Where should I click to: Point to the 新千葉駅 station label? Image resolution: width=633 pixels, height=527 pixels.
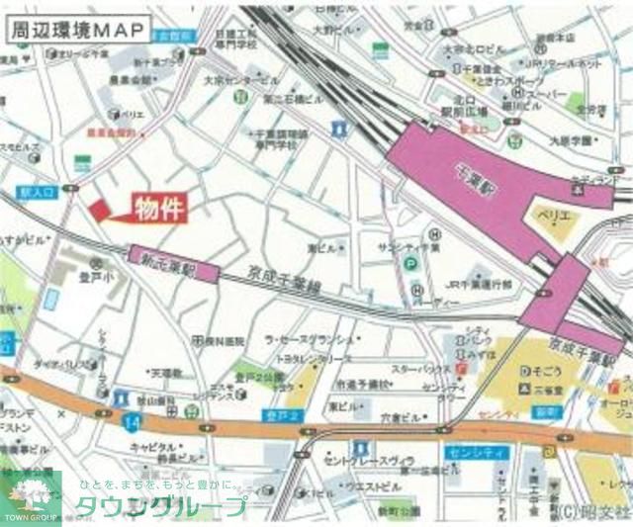point(169,264)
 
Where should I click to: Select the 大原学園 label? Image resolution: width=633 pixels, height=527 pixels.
point(569,140)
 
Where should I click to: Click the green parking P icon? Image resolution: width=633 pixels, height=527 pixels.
point(408,262)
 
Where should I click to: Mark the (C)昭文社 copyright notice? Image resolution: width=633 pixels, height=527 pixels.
point(592,512)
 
